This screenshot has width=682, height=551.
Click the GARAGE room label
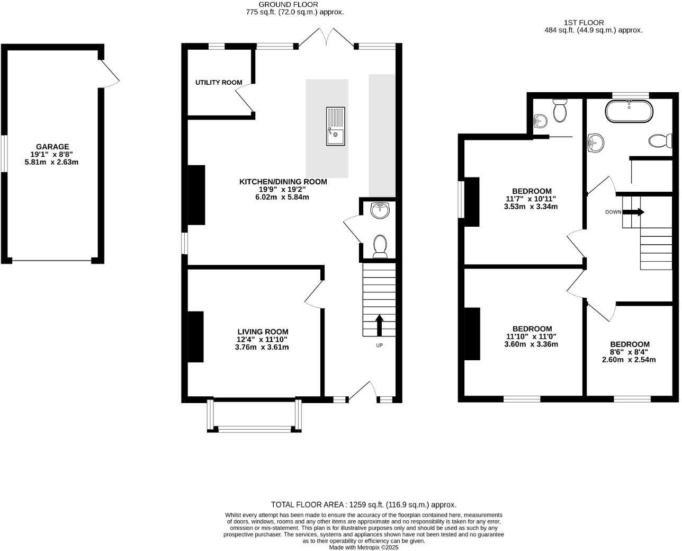[52, 147]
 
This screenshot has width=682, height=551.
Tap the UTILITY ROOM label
[219, 83]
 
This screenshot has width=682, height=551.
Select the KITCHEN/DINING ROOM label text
[283, 182]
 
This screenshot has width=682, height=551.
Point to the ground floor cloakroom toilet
[380, 246]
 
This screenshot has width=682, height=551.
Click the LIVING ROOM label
[263, 332]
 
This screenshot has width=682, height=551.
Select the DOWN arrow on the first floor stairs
[633, 212]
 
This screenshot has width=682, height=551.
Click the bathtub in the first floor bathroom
[629, 112]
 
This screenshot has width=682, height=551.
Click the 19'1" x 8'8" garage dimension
[52, 154]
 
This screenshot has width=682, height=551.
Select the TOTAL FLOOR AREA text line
[363, 505]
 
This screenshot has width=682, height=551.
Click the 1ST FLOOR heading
[584, 23]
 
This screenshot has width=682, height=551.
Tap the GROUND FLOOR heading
[288, 4]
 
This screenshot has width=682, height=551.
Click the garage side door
[110, 74]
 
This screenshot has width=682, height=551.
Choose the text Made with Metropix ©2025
[363, 547]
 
